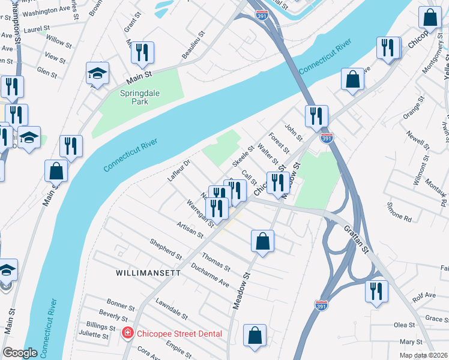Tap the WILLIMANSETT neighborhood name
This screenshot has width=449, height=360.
click(148, 272)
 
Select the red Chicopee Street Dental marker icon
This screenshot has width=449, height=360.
click(127, 334)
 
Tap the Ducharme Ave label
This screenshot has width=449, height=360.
click(210, 274)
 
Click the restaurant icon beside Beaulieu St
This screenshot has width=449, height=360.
click(142, 53)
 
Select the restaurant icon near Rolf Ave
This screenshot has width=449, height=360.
click(376, 292)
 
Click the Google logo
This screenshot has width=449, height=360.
click(20, 353)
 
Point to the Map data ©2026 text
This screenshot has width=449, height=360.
click(424, 355)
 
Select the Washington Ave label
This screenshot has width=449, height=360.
click(47, 11)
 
